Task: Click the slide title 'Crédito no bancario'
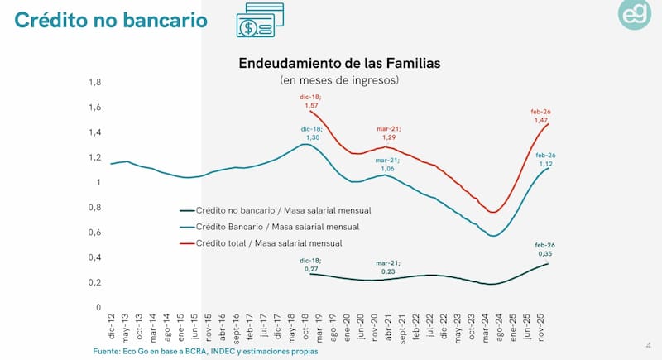110,20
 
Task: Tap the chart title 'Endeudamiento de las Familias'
339,63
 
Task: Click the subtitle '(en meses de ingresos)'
339,80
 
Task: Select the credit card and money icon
259,22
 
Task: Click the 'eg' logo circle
635,15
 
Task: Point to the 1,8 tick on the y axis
95,83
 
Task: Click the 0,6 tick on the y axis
95,233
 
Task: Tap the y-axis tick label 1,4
95,132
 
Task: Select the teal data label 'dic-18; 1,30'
311,132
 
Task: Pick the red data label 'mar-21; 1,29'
387,132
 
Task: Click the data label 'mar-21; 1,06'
387,164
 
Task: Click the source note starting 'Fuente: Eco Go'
204,352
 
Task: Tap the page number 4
648,344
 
